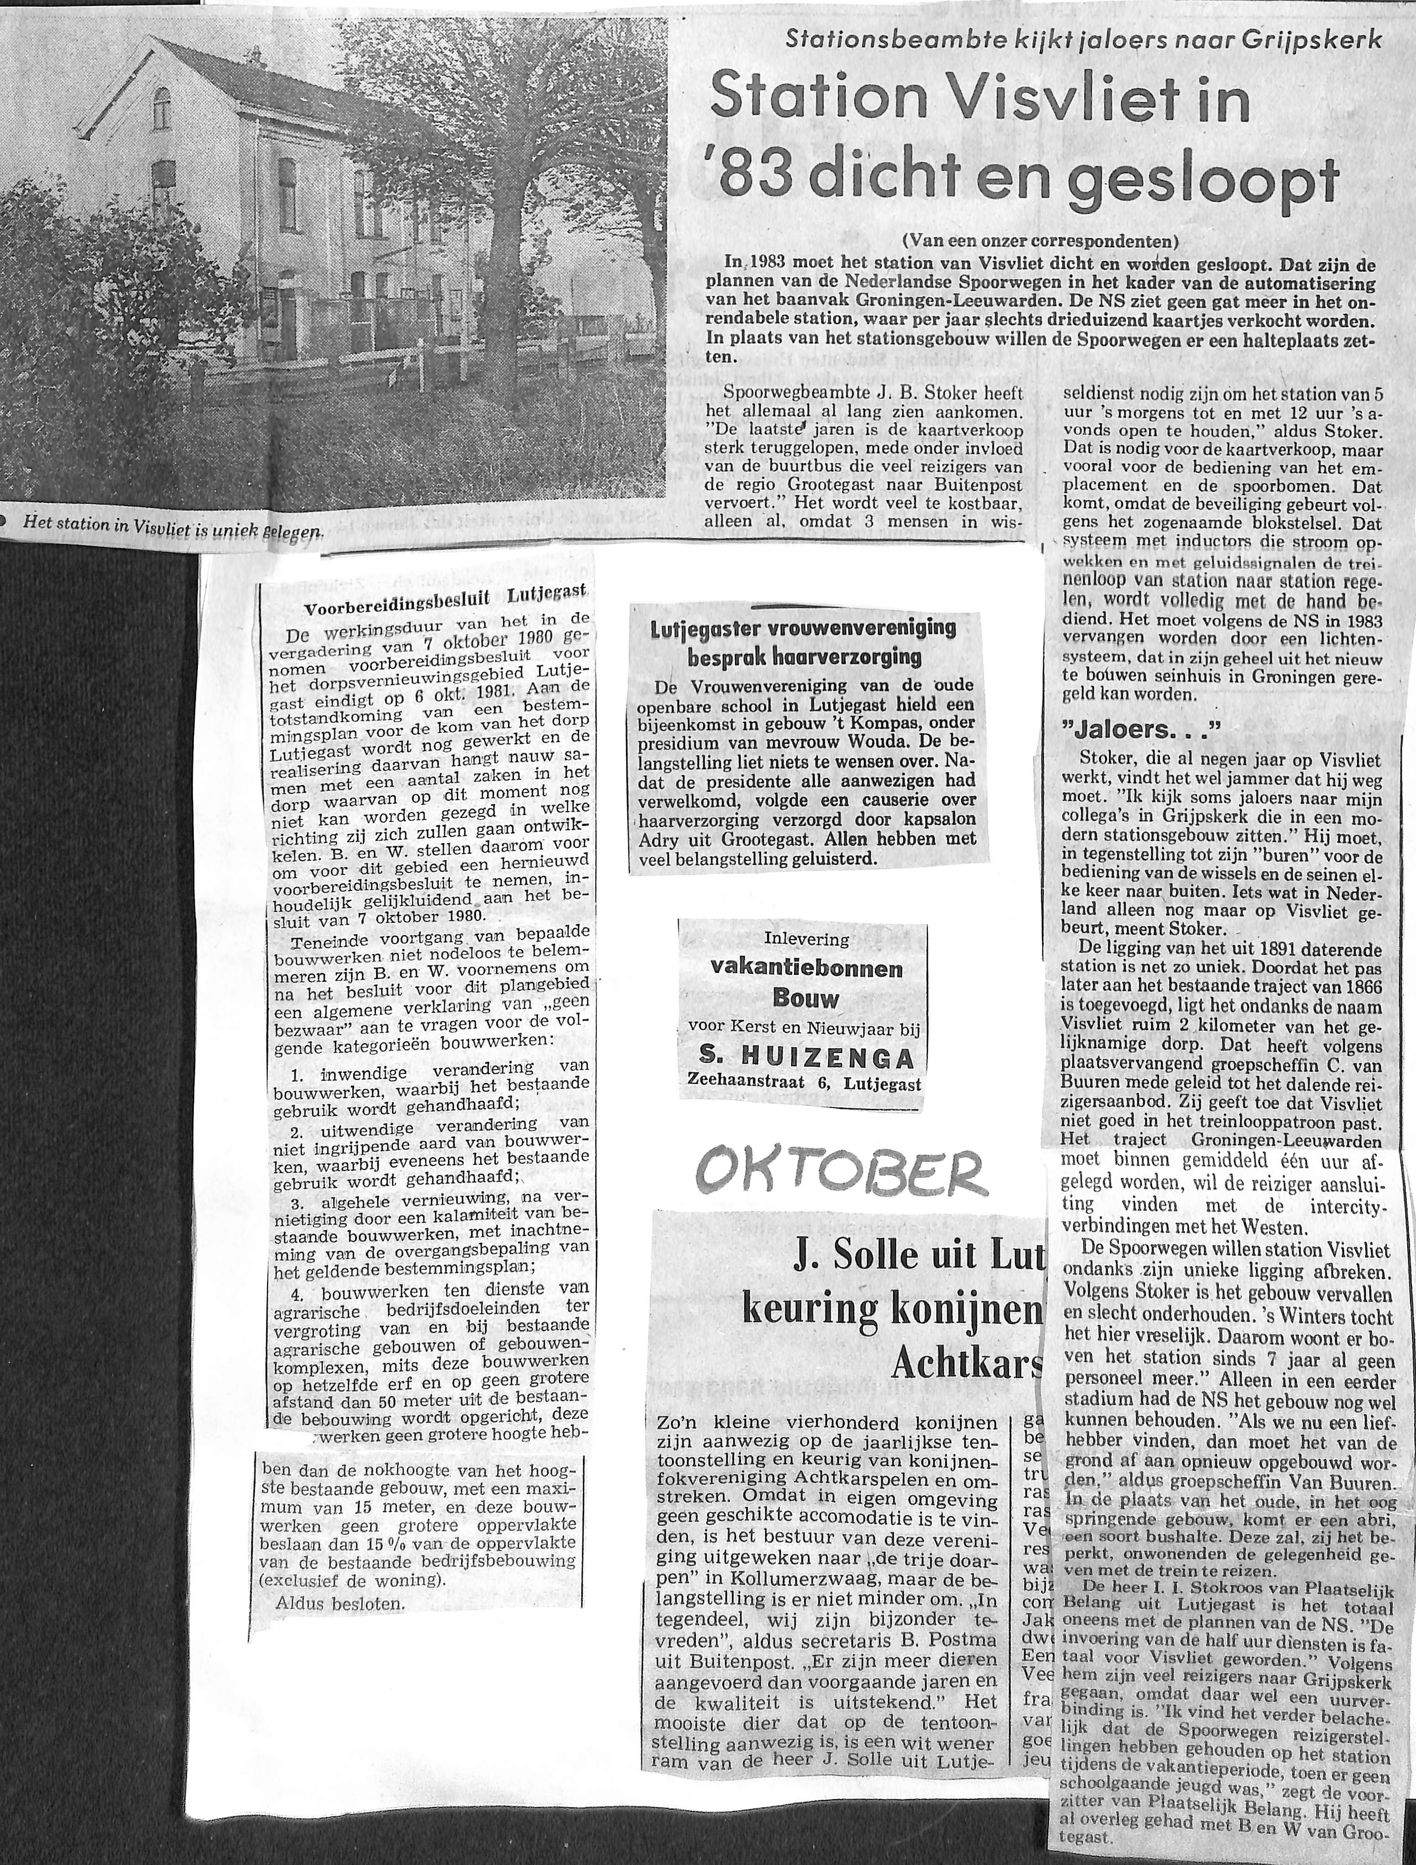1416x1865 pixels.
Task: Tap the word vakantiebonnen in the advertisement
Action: [806, 969]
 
